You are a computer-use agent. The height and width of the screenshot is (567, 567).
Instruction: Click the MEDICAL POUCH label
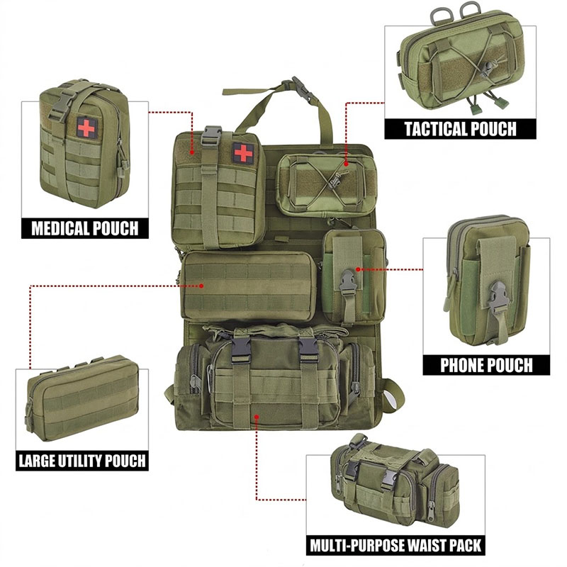click(x=85, y=228)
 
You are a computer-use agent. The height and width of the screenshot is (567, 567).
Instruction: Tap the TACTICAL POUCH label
click(x=460, y=129)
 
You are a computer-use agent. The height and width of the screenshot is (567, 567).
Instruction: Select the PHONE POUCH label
click(x=486, y=365)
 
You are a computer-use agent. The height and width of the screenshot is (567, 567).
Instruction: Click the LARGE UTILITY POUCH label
click(x=82, y=461)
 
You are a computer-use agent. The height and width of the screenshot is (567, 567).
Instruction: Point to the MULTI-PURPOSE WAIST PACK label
click(x=395, y=545)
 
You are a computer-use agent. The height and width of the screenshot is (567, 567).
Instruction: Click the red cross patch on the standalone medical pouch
click(x=86, y=128)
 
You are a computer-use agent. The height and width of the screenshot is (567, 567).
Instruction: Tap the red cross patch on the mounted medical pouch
click(x=242, y=152)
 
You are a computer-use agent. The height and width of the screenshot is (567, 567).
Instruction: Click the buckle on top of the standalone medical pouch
click(x=60, y=106)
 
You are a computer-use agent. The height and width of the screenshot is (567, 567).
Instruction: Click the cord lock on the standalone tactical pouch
click(x=487, y=67)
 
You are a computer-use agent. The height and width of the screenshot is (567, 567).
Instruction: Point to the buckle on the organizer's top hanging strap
click(x=300, y=88)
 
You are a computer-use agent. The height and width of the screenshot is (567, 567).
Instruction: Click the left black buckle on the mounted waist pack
click(x=240, y=349)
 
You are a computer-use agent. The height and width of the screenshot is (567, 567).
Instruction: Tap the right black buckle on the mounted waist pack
click(x=308, y=349)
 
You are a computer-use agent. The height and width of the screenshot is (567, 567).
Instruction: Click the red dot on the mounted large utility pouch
click(x=201, y=286)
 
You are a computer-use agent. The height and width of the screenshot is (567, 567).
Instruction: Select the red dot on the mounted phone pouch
click(x=358, y=269)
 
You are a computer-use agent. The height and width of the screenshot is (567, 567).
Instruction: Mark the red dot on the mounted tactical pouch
click(x=346, y=164)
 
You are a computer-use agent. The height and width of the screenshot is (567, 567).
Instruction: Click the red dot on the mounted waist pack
click(x=257, y=417)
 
